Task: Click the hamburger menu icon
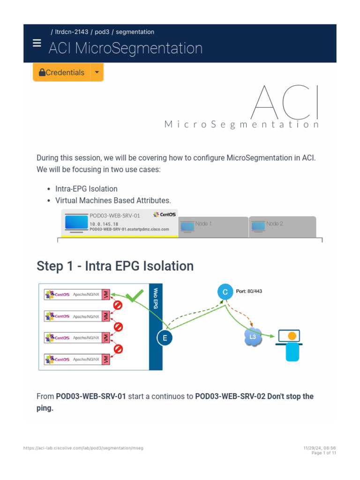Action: click(x=37, y=43)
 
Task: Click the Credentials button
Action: click(x=61, y=73)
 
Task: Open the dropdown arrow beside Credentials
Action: click(x=97, y=73)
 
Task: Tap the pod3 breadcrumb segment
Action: click(x=102, y=32)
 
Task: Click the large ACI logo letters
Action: click(x=285, y=103)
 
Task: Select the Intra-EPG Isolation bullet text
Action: click(x=86, y=189)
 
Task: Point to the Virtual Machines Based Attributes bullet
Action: click(x=113, y=200)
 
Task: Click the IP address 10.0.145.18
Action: click(x=104, y=225)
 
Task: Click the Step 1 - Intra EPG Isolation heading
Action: click(x=115, y=266)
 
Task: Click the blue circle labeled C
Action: click(x=225, y=292)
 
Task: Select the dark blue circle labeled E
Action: click(x=165, y=337)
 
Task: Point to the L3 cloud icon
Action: click(x=252, y=337)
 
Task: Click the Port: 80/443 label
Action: click(x=249, y=291)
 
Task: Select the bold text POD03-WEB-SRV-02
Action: click(x=230, y=397)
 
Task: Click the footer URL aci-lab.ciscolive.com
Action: click(x=83, y=448)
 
